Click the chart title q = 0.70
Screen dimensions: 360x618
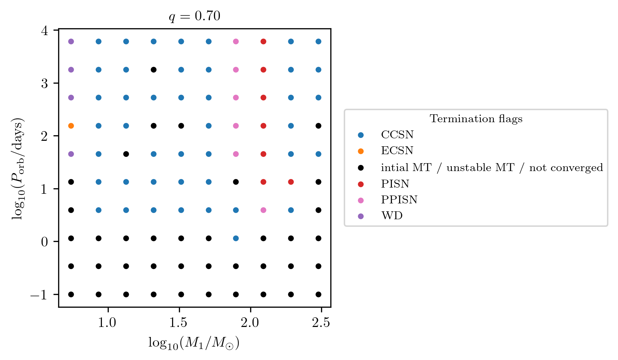[x=194, y=16]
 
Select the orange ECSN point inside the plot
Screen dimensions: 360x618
[x=71, y=126]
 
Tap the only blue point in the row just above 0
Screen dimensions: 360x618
[x=236, y=238]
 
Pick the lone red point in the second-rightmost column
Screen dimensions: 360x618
[x=291, y=182]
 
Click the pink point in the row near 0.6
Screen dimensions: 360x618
[x=263, y=210]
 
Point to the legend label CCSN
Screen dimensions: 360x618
[x=397, y=135]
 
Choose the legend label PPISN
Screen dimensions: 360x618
[x=399, y=200]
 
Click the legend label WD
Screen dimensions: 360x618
[x=392, y=216]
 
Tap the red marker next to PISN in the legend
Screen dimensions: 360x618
[x=361, y=184]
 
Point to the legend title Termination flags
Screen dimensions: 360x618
[x=476, y=119]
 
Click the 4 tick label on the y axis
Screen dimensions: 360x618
[x=44, y=31]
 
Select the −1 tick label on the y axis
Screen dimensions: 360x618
[x=39, y=295]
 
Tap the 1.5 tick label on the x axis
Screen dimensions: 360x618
[x=179, y=323]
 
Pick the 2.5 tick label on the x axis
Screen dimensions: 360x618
[x=321, y=323]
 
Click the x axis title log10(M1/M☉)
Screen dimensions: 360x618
[x=194, y=343]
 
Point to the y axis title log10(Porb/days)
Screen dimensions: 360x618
[x=18, y=169]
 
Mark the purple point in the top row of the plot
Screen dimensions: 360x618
[x=71, y=42]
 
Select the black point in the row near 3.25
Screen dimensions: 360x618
[x=154, y=70]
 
